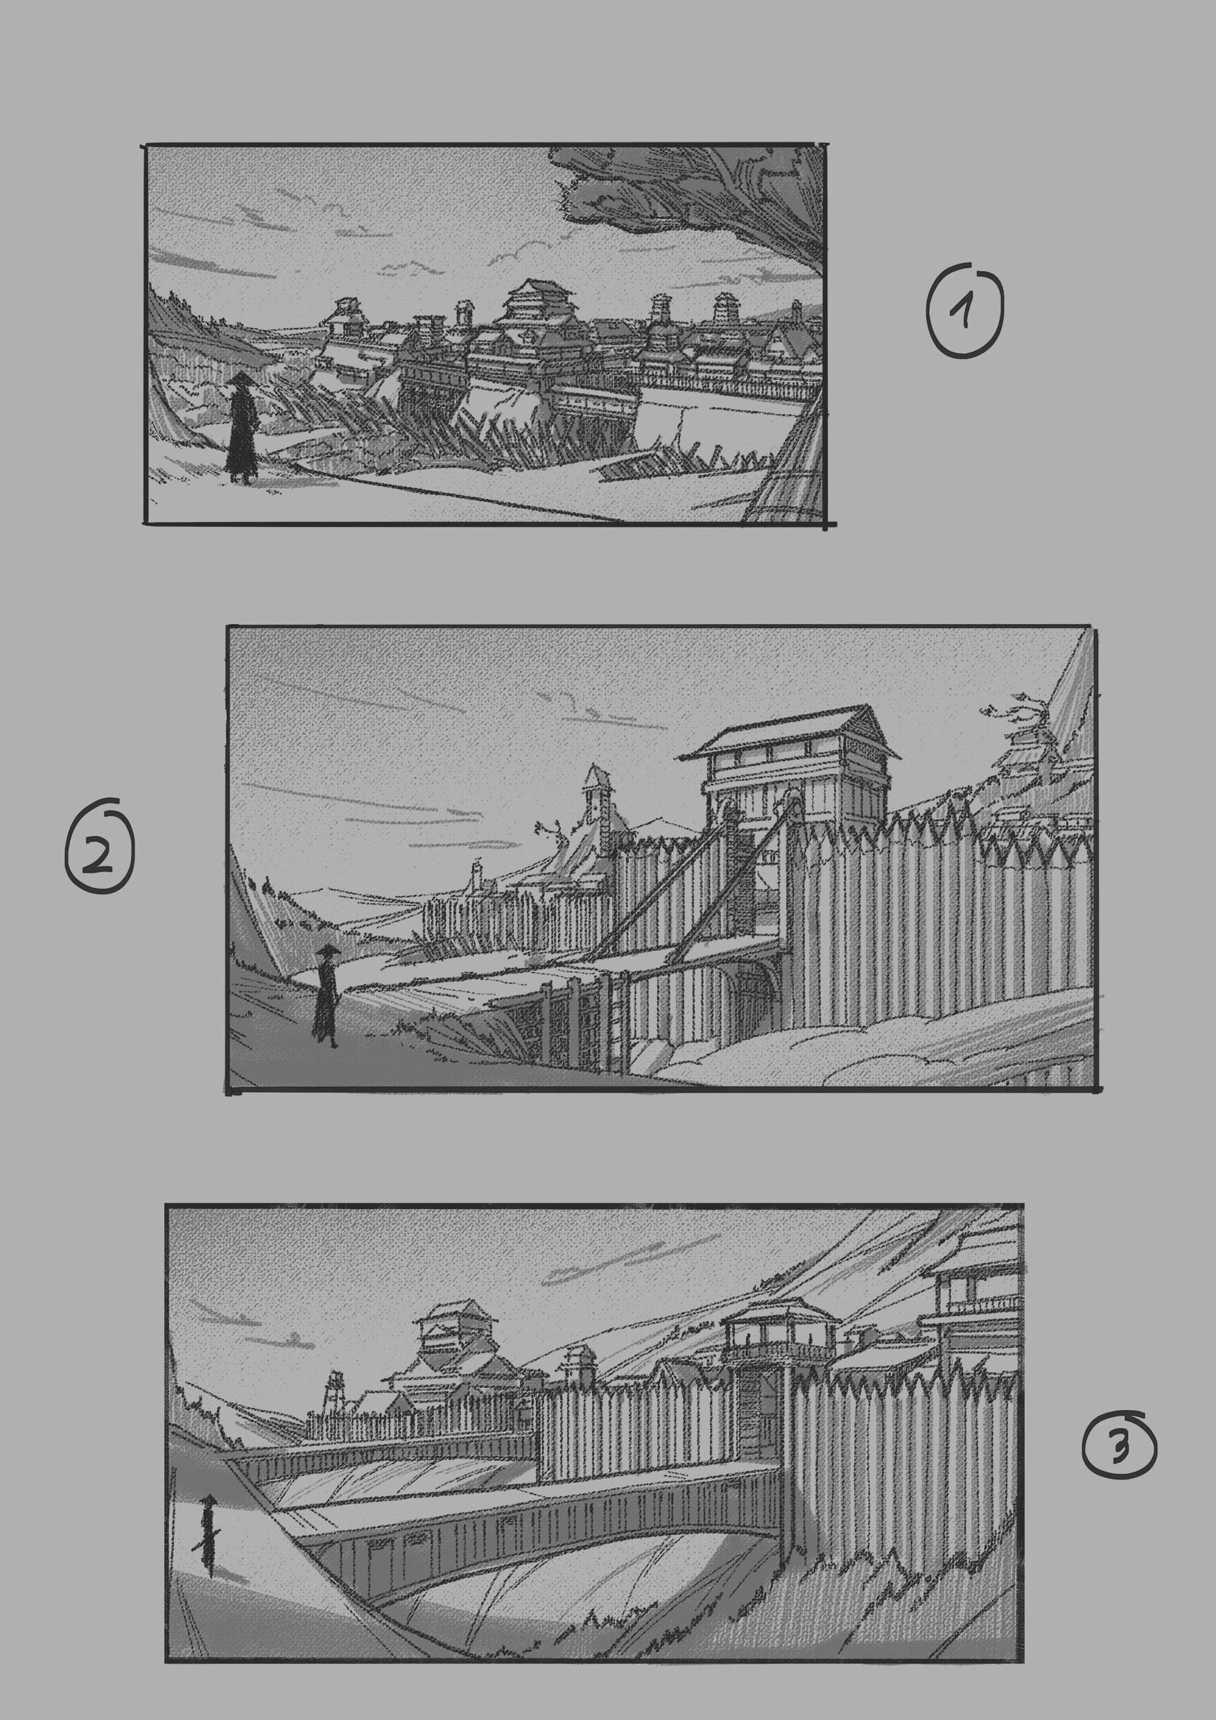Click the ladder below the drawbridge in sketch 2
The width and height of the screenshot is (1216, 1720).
pos(614,1023)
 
